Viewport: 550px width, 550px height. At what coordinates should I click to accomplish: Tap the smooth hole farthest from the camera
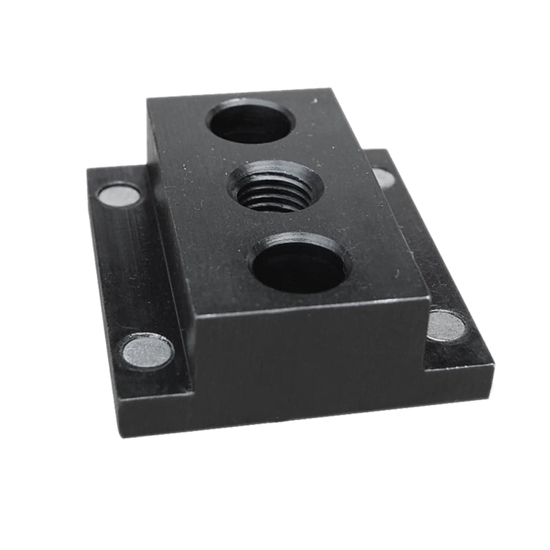click(x=251, y=122)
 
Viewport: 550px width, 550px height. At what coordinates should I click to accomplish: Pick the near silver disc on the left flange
click(x=148, y=351)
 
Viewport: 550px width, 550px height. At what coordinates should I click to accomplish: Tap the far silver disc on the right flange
click(x=384, y=178)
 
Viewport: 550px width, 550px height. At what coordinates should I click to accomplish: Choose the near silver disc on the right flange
click(x=447, y=324)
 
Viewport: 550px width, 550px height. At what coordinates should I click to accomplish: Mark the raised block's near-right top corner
click(x=429, y=298)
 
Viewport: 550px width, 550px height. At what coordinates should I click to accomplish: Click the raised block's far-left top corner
click(x=148, y=100)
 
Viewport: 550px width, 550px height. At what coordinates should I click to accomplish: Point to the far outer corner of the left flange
click(x=87, y=169)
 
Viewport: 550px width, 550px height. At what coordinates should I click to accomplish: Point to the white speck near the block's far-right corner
click(x=316, y=102)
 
